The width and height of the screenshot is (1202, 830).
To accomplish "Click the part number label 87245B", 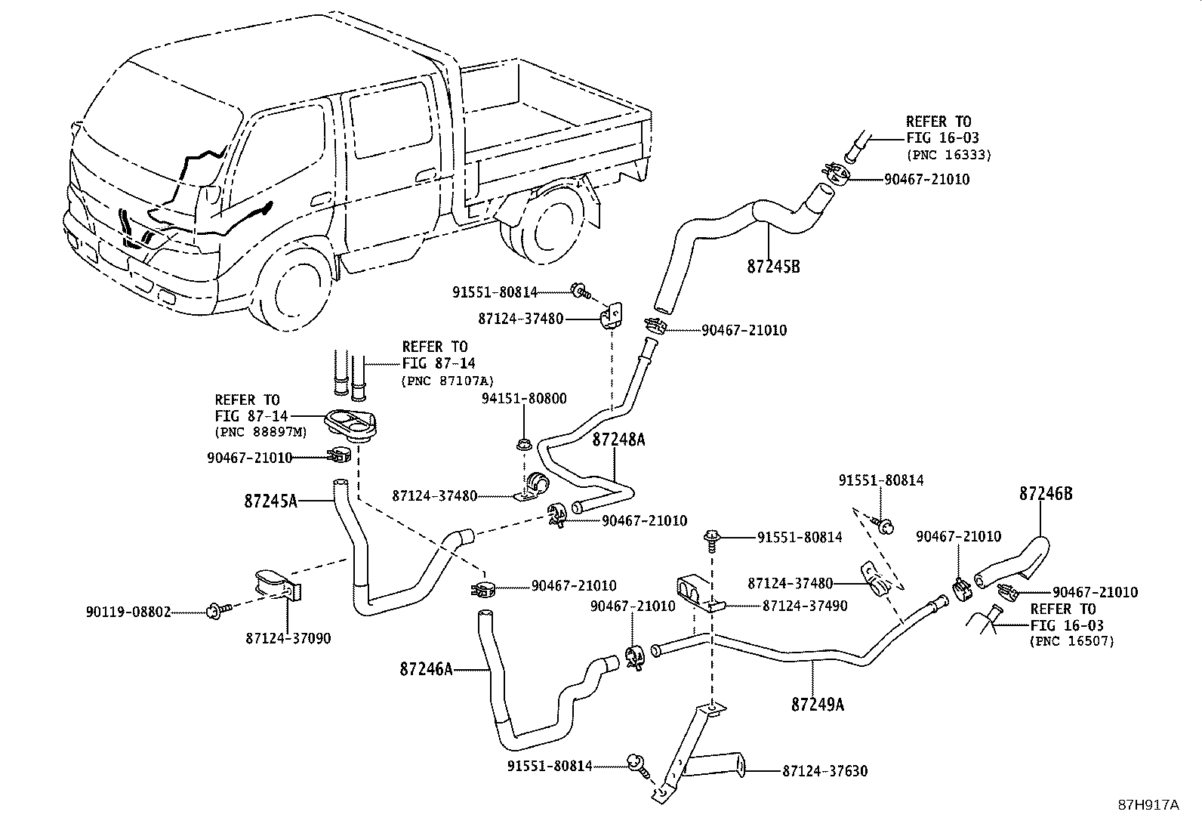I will click(773, 267).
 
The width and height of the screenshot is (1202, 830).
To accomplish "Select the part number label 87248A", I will click(619, 440).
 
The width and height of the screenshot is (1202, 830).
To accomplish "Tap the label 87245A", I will click(271, 500).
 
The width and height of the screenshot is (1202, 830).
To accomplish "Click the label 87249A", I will click(818, 705).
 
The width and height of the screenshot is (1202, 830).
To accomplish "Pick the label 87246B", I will click(1046, 494).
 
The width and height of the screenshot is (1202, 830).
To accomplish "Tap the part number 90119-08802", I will click(128, 612).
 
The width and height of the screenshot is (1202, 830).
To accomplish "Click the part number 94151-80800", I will click(524, 398).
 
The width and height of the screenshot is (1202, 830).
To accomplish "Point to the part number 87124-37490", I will click(805, 606).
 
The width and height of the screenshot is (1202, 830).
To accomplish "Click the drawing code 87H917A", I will click(1148, 804).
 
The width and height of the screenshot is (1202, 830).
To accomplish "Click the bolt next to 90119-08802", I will click(214, 609).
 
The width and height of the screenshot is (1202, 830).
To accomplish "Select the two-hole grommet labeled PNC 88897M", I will click(350, 424).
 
